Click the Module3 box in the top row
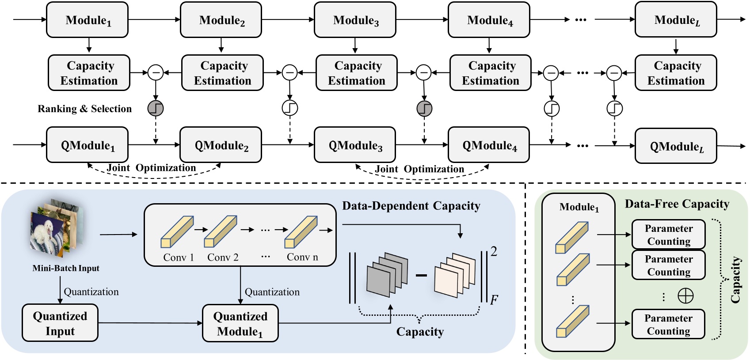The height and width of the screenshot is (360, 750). click(x=355, y=20)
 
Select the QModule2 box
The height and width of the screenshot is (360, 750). click(x=221, y=145)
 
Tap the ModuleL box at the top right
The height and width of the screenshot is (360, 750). click(x=675, y=20)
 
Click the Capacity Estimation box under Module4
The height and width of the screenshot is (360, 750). click(x=490, y=73)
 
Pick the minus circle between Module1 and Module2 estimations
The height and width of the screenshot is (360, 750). click(x=156, y=72)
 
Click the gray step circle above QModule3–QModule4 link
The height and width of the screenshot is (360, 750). click(x=424, y=108)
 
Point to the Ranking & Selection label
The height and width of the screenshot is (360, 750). click(x=84, y=109)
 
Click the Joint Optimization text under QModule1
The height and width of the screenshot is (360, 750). click(x=151, y=168)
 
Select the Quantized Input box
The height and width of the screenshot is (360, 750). click(x=60, y=323)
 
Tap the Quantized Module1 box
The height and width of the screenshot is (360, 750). click(x=240, y=323)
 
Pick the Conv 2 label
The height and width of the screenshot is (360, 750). click(x=223, y=258)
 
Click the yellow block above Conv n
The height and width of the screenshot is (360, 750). click(x=301, y=231)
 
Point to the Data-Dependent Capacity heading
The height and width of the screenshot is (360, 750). click(x=411, y=206)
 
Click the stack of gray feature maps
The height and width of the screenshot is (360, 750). click(x=387, y=274)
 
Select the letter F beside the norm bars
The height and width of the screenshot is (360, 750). click(x=494, y=300)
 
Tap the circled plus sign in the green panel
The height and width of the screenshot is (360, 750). click(x=685, y=296)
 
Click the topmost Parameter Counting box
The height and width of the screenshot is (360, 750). click(x=668, y=235)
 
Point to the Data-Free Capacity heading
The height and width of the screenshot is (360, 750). click(x=677, y=204)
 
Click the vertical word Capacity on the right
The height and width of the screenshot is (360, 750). click(x=735, y=280)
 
